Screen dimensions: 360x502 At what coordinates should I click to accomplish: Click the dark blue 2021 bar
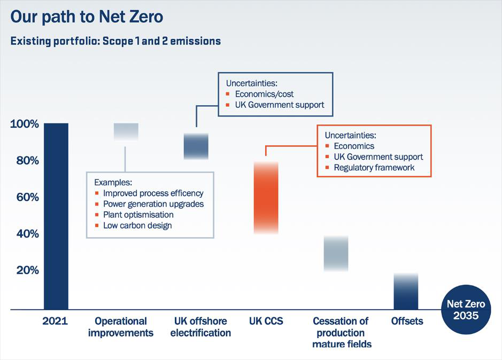[56, 216]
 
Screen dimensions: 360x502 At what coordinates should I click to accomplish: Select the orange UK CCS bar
[266, 198]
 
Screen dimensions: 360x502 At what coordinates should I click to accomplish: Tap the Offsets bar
[406, 292]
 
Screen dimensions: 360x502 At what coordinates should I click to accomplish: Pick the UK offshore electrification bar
[196, 146]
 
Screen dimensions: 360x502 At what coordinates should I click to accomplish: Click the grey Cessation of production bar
[336, 254]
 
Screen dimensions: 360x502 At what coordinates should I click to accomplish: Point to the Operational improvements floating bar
[126, 131]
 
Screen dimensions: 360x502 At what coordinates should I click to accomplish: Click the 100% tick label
[25, 124]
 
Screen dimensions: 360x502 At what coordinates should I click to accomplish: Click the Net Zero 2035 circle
[466, 310]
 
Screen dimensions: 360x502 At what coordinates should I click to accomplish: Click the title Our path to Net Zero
[87, 17]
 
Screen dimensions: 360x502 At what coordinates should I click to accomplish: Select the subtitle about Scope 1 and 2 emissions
[115, 41]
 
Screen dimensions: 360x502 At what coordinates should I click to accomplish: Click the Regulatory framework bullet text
[374, 168]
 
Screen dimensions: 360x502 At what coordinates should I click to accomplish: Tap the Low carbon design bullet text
[137, 225]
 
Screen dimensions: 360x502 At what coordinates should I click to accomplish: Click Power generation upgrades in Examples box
[153, 204]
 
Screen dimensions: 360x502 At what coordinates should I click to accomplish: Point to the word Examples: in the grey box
[113, 182]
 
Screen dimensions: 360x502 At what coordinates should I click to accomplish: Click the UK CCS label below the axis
[266, 322]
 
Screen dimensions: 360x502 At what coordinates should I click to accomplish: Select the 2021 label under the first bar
[56, 322]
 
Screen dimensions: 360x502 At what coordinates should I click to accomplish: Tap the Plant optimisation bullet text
[138, 215]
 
